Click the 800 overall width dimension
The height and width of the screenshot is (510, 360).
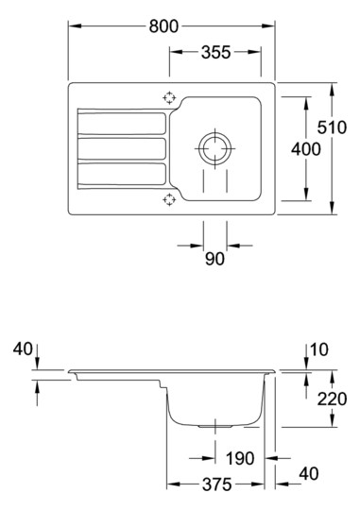[x=163, y=26]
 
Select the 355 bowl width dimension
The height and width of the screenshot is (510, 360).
[x=215, y=52]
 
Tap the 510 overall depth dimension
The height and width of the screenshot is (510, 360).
[x=332, y=127]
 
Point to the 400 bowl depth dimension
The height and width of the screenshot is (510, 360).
[x=305, y=149]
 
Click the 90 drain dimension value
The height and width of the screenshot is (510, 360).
[x=214, y=259]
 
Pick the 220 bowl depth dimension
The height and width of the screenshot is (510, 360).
[x=332, y=399]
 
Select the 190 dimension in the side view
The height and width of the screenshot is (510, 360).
[x=240, y=458]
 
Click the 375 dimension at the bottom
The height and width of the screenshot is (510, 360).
[x=216, y=484]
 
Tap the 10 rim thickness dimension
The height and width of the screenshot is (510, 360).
[x=319, y=349]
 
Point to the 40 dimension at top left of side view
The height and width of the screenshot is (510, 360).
[x=23, y=349]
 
